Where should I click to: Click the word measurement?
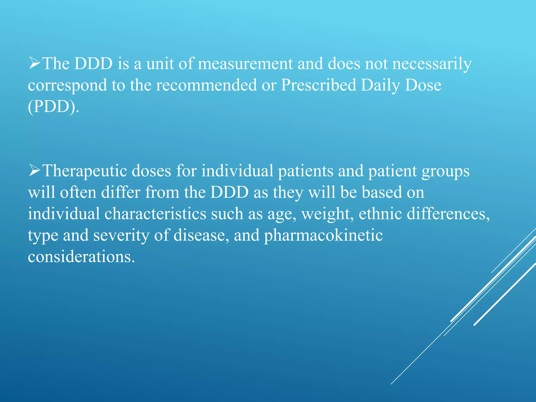pyautogui.click(x=245, y=64)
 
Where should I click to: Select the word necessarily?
pyautogui.click(x=432, y=64)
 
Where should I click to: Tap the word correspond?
pyautogui.click(x=68, y=86)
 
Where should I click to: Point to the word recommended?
pyautogui.click(x=206, y=85)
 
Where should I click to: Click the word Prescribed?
pyautogui.click(x=319, y=85)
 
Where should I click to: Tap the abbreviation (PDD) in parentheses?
pyautogui.click(x=53, y=107)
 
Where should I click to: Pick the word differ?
pyautogui.click(x=121, y=192)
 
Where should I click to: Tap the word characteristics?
pyautogui.click(x=155, y=214)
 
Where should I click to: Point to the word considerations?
pyautogui.click(x=81, y=257)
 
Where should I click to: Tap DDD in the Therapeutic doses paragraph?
pyautogui.click(x=229, y=192)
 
